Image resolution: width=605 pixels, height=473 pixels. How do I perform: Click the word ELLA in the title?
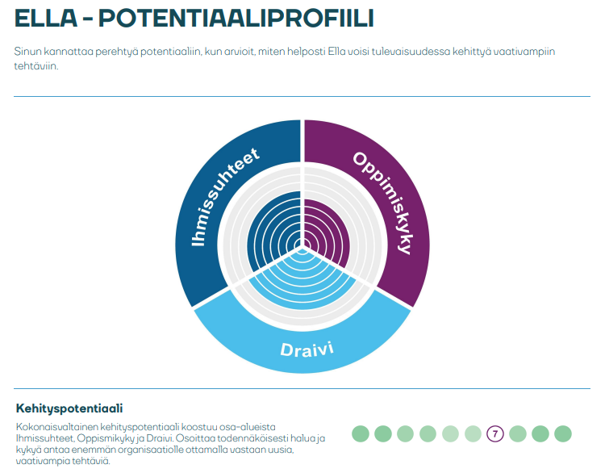pos(45,18)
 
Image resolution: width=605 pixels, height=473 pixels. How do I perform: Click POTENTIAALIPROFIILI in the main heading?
pos(236,18)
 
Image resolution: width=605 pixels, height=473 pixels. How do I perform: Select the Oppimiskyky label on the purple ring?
pos(382,203)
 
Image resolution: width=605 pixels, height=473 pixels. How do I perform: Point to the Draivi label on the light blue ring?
pos(307,349)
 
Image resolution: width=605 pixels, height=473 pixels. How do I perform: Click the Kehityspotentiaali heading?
pos(69,408)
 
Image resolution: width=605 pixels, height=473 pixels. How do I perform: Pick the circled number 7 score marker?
pos(495,433)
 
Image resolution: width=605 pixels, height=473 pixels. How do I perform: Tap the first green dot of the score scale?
pos(361,433)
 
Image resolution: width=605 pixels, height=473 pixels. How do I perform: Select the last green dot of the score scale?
pos(562,433)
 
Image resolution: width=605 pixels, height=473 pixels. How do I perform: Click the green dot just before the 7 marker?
pos(473,433)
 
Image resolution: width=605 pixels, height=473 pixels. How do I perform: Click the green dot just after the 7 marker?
pos(517,433)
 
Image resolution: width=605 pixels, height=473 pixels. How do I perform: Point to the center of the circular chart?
pos(302,245)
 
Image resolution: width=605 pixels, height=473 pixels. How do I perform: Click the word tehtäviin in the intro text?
pos(35,66)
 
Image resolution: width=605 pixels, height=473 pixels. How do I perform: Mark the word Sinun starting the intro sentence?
pos(27,52)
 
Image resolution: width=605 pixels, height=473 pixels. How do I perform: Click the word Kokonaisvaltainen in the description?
pos(57,427)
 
